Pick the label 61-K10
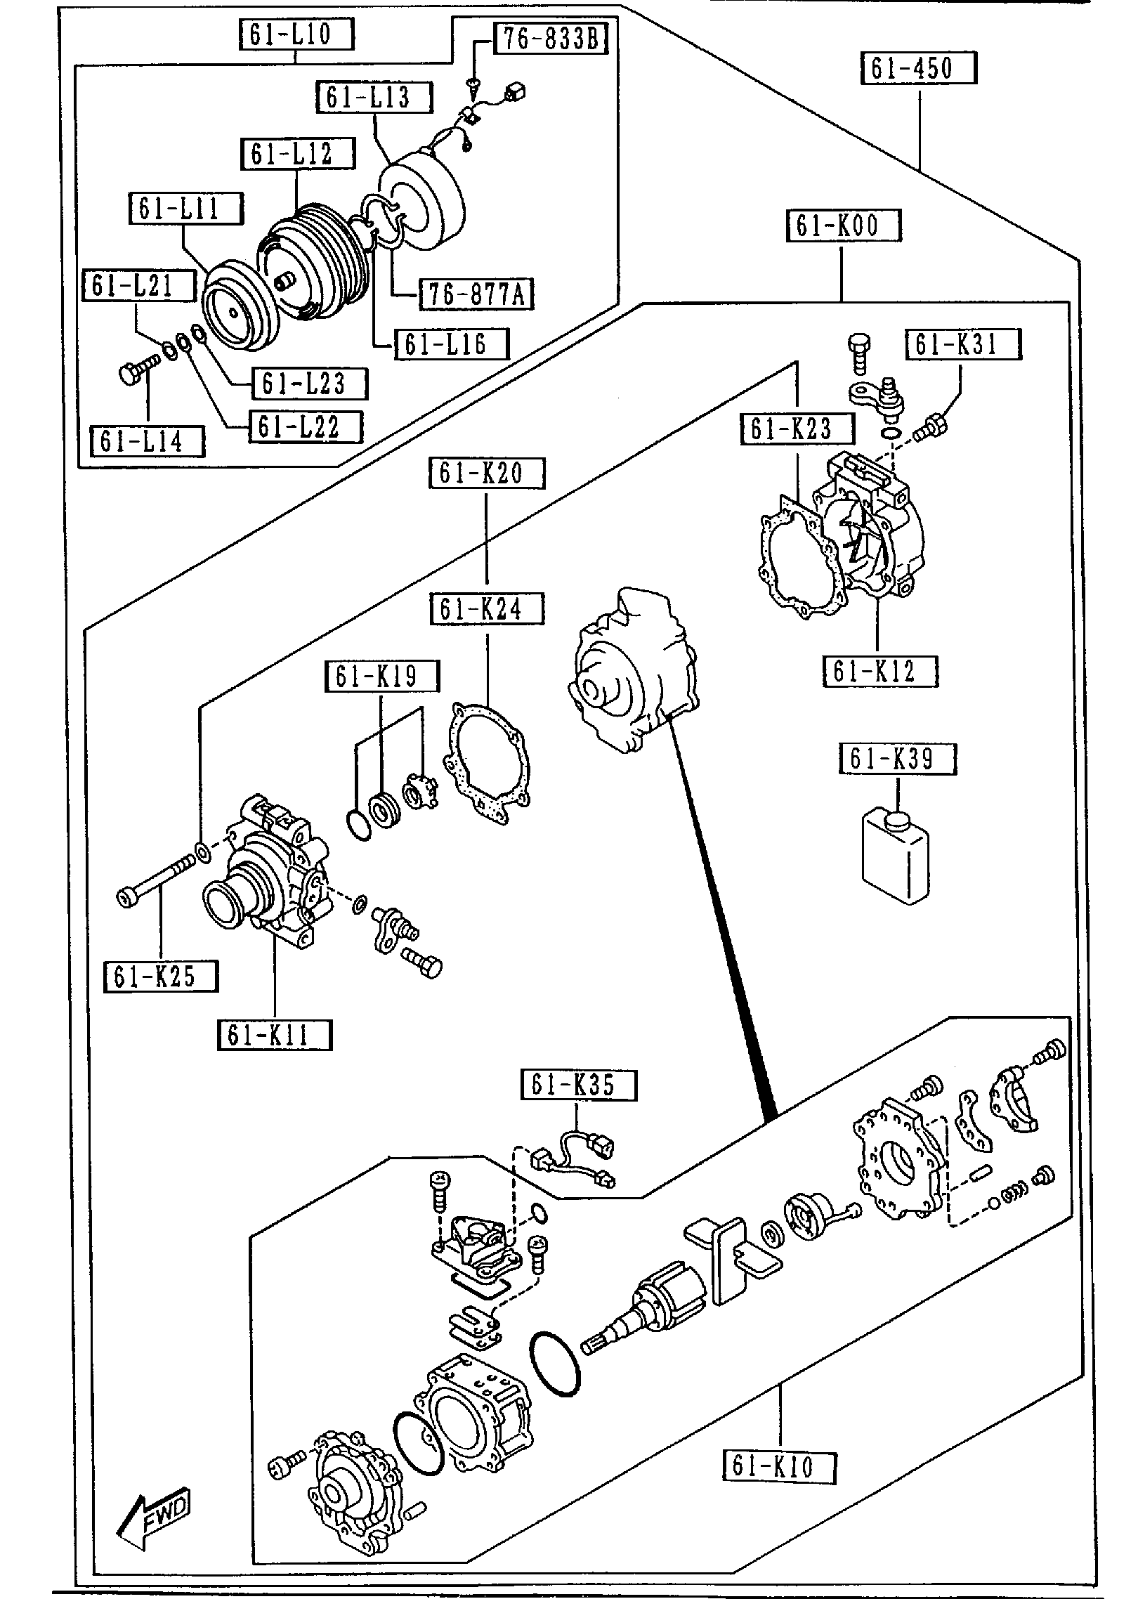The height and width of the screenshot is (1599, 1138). pos(779,1466)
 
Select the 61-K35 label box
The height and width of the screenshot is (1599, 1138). pos(578,1085)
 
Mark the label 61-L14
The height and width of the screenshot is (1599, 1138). pos(148,441)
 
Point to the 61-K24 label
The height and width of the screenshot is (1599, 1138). pos(487,608)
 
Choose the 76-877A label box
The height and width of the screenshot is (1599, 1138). pos(476,294)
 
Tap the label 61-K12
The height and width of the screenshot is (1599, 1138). pos(879,672)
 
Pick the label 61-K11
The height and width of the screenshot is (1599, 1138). pos(273,1035)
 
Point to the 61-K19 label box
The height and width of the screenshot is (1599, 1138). pos(381,676)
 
